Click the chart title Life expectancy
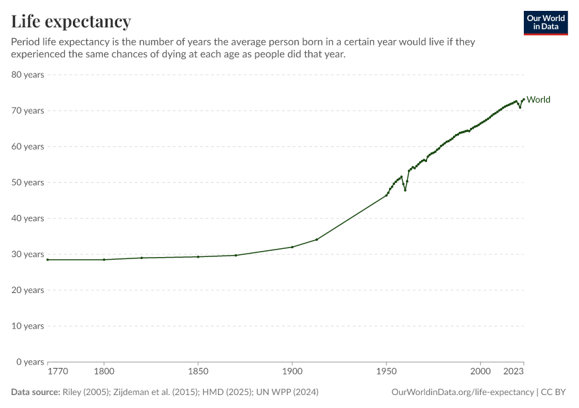(71, 21)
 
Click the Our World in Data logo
(545, 22)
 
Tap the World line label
(538, 100)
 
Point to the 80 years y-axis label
(28, 75)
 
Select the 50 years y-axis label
(28, 182)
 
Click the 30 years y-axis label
(28, 254)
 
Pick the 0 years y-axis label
(30, 362)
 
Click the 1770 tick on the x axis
(57, 371)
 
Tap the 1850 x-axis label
(198, 371)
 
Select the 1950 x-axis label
(386, 371)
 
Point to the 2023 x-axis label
(513, 371)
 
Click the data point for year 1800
(104, 260)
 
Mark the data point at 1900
(292, 247)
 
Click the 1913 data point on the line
(317, 239)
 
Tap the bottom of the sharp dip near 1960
(405, 190)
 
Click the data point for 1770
(48, 260)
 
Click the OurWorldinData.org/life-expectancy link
(463, 392)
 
